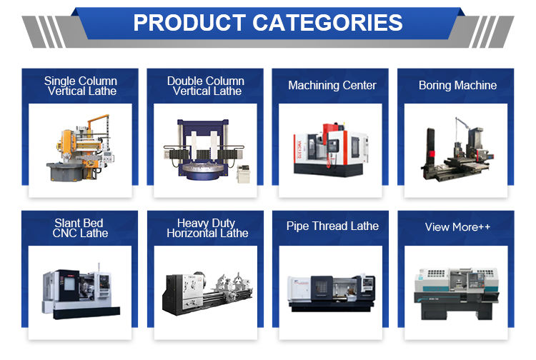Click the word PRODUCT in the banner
189,23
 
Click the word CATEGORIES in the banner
327,23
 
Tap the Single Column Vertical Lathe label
81,86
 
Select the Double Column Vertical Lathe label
206,86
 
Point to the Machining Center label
332,85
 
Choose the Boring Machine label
457,85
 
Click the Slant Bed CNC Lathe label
80,228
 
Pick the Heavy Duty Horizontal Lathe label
207,228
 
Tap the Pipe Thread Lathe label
332,226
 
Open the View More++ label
457,227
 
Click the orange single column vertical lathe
80,149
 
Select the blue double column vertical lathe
204,149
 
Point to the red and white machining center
331,149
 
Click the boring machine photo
457,150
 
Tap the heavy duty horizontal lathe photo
207,293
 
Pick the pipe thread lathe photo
331,293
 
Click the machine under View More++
457,294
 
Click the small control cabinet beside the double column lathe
244,174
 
